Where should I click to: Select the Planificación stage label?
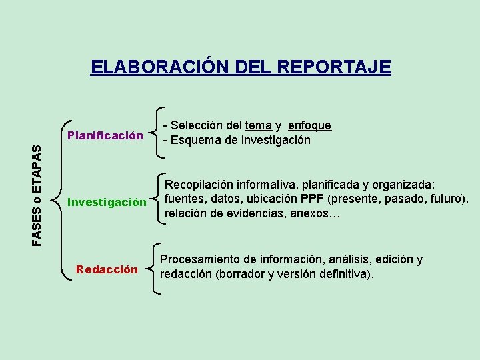[x=105, y=136]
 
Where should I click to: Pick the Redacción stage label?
[x=107, y=269]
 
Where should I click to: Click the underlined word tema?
[x=258, y=125]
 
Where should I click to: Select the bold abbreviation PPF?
[x=313, y=199]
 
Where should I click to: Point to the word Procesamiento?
[x=201, y=259]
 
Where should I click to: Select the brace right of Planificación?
[x=158, y=133]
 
